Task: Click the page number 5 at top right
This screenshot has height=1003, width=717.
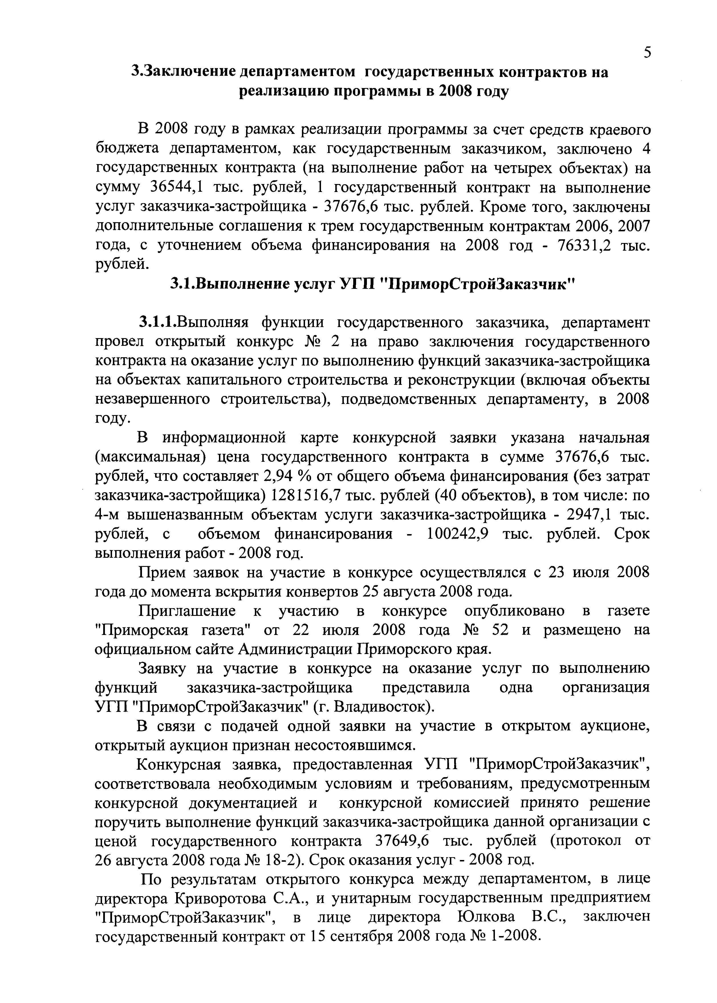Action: (647, 52)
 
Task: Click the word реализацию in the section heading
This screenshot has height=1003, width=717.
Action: (282, 92)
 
